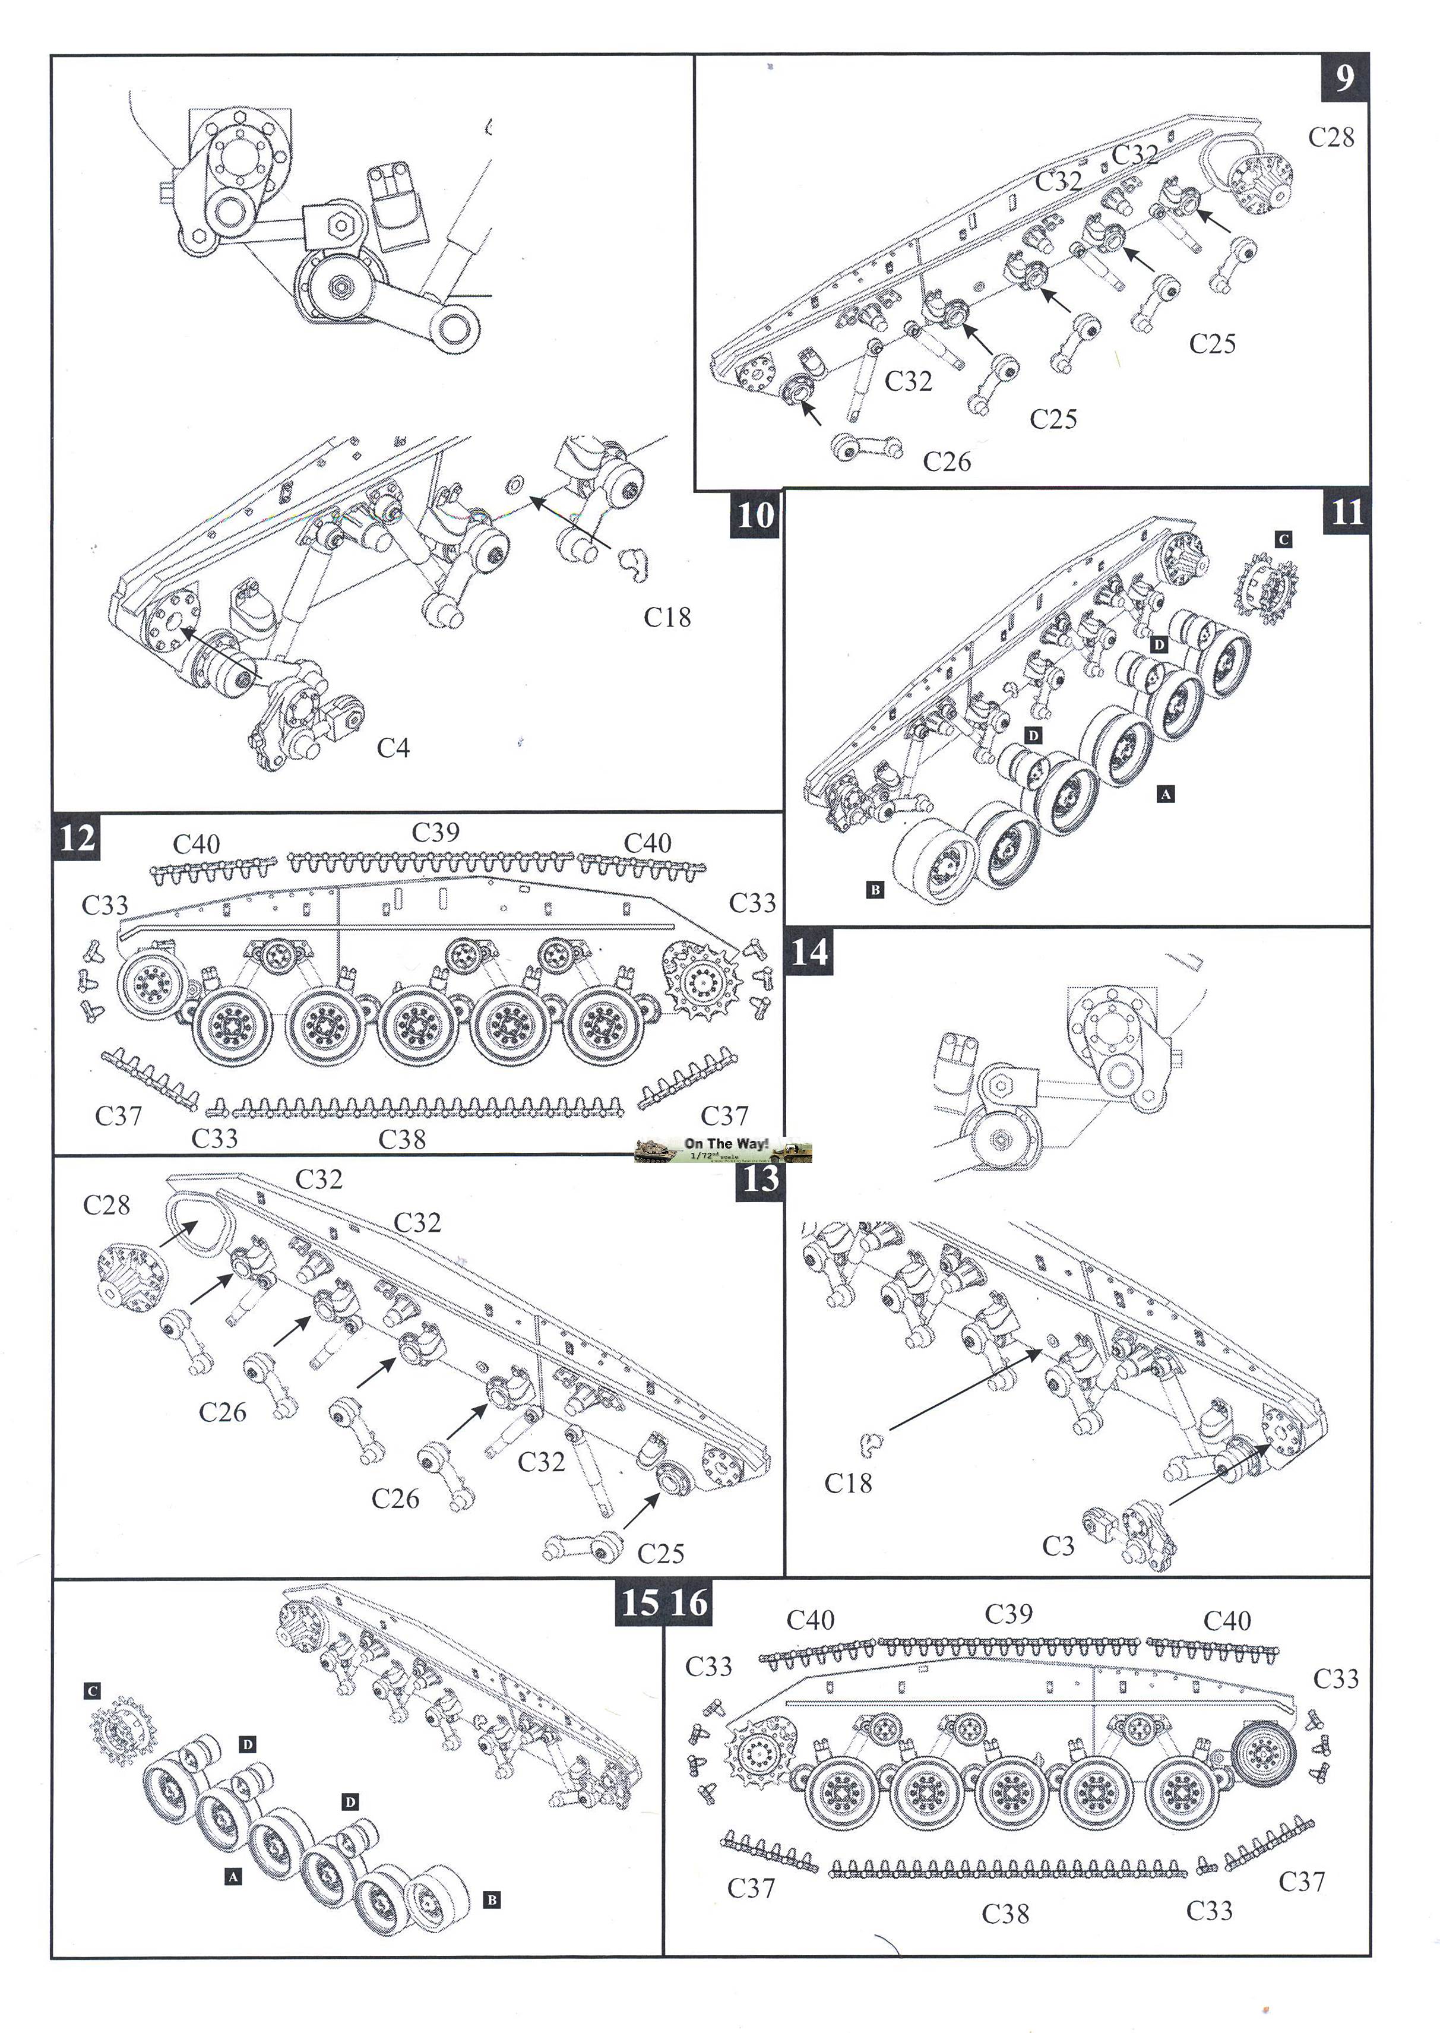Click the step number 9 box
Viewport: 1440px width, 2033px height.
pos(1344,78)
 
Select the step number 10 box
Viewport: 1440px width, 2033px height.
pos(755,514)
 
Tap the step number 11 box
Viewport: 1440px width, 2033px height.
pos(1346,513)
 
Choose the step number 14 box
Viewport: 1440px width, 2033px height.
pos(809,951)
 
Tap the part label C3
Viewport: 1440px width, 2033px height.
pos(1058,1546)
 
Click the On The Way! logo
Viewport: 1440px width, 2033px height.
pos(723,1149)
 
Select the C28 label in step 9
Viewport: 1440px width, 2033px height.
pos(1331,137)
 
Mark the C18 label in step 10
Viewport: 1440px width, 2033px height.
pos(667,617)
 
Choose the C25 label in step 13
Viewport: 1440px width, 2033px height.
pos(660,1553)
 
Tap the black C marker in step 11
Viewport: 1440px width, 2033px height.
pos(1283,539)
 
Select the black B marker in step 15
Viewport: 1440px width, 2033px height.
pos(492,1900)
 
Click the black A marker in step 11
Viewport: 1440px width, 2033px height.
pos(1166,795)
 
